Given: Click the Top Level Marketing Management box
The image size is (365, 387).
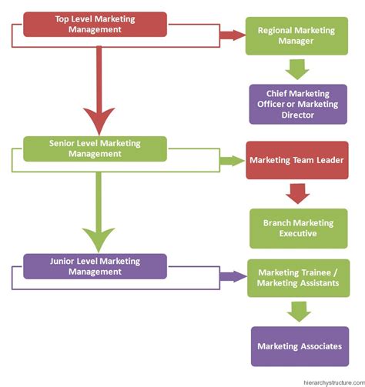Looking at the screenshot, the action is (x=95, y=25).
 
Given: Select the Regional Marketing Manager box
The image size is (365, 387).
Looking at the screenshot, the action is (x=296, y=36).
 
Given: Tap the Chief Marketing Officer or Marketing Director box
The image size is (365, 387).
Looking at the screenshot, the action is (x=298, y=104).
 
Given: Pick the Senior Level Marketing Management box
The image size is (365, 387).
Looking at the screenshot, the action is (x=95, y=148).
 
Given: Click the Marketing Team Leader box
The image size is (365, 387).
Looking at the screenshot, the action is (x=297, y=160).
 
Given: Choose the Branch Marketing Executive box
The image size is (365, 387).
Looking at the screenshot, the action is (x=299, y=229).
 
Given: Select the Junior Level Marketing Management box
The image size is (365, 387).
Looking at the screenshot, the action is (x=95, y=266).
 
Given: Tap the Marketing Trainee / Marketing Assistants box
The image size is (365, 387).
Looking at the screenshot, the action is (x=298, y=278).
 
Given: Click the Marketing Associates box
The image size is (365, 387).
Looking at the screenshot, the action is (x=300, y=346).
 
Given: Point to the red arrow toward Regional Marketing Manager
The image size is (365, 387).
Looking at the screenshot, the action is (x=233, y=35).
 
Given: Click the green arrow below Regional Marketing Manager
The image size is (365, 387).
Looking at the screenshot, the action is (x=297, y=69).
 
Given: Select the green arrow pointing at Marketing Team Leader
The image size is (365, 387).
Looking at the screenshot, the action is (x=233, y=161).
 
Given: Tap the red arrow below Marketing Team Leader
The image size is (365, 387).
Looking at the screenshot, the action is (x=298, y=194).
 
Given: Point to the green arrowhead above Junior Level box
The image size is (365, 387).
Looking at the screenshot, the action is (x=99, y=239).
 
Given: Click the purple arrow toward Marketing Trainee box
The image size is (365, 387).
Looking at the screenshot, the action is (x=233, y=277).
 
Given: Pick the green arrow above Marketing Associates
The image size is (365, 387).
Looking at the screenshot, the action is (x=299, y=312).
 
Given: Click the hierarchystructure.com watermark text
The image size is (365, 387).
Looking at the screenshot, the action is (x=334, y=382).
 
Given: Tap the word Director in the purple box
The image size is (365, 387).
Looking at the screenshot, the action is (x=298, y=115).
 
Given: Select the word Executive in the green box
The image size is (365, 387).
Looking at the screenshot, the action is (x=298, y=233).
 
